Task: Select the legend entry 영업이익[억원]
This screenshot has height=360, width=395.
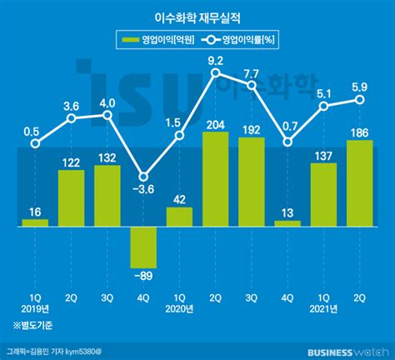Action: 155,40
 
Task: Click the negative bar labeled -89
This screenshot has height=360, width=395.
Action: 143,245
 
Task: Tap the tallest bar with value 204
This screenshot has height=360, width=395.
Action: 215,178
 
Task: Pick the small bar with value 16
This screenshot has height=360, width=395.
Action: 35,222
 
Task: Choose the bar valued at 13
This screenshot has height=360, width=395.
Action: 287,223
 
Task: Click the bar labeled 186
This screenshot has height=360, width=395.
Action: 359,182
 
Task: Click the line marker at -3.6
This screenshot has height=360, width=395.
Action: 143,176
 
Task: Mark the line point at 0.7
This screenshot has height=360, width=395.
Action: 287,142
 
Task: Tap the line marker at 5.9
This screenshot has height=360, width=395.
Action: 359,100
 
